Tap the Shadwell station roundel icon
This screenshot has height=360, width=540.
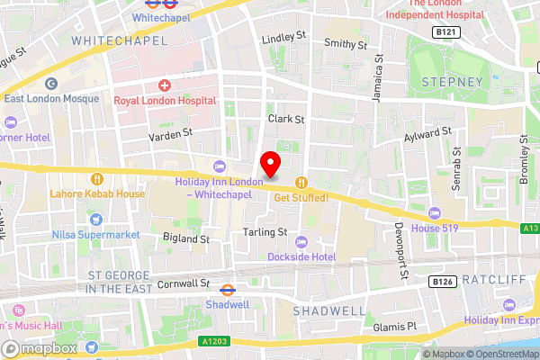pyautogui.click(x=228, y=290)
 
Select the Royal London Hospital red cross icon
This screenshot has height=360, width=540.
pyautogui.click(x=164, y=85)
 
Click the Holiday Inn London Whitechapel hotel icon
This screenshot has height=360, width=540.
pyautogui.click(x=219, y=165)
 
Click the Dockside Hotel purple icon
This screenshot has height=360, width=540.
pyautogui.click(x=301, y=241)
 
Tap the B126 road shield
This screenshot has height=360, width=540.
pyautogui.click(x=440, y=282)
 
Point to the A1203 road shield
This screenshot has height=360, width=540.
pyautogui.click(x=234, y=343)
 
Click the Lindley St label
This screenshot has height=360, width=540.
pyautogui.click(x=284, y=40)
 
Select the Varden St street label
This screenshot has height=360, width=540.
pyautogui.click(x=170, y=132)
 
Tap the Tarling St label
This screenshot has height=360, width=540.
pyautogui.click(x=264, y=231)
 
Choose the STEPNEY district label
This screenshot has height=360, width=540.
pyautogui.click(x=454, y=82)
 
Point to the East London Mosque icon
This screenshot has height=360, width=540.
pyautogui.click(x=51, y=84)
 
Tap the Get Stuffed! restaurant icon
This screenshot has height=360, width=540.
pyautogui.click(x=301, y=181)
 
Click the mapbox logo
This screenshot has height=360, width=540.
pyautogui.click(x=40, y=347)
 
